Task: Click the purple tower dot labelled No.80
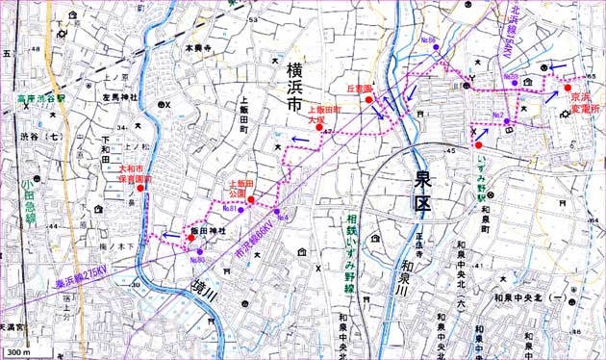pos(200,251)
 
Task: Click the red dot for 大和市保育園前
pos(140,188)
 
